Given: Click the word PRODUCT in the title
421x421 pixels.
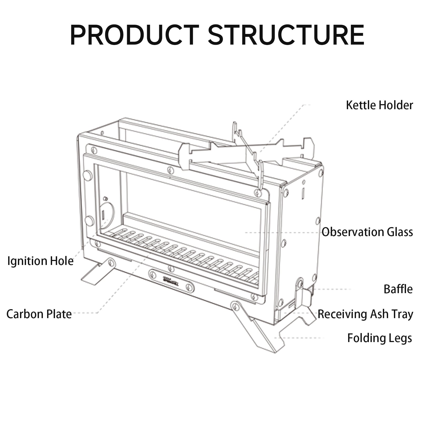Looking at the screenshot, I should (134, 35).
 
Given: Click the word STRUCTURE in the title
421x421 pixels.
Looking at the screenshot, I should (286, 35).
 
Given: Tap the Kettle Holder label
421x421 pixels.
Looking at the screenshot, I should (379, 105).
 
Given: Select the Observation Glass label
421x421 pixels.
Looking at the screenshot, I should (367, 232).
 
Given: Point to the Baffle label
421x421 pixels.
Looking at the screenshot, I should (398, 289).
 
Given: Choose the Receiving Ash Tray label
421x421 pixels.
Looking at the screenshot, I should (365, 314).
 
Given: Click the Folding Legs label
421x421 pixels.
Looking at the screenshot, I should (379, 338).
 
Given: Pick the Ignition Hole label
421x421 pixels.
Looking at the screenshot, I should (40, 261).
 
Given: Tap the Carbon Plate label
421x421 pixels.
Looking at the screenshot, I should (39, 314).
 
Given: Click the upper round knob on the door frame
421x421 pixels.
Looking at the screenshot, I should (87, 176).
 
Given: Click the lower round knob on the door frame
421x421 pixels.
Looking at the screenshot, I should (89, 221).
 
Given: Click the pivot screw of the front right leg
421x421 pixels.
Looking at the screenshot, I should (235, 306).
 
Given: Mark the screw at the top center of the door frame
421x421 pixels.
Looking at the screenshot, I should (171, 170).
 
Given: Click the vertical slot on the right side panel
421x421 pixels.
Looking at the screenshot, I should (303, 193).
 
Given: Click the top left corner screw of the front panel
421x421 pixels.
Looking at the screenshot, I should (94, 151).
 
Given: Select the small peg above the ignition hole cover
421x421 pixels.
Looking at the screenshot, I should (105, 198).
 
